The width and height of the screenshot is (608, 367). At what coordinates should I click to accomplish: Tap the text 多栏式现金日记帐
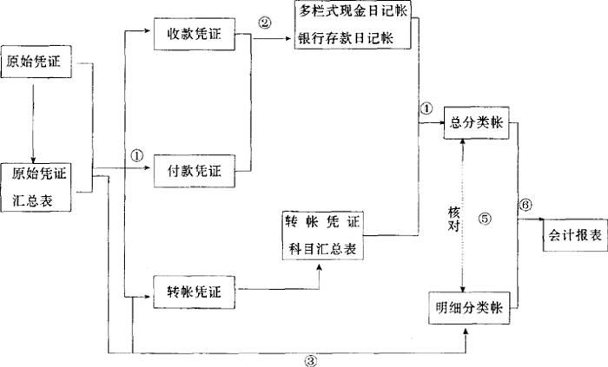tap(352, 14)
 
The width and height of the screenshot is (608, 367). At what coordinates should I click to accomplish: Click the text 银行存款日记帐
tap(352, 40)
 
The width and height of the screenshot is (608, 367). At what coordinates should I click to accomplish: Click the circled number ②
tap(263, 22)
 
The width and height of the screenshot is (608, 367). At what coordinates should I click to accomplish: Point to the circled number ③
tap(311, 359)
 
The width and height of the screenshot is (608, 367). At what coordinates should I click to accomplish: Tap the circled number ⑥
tap(524, 206)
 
